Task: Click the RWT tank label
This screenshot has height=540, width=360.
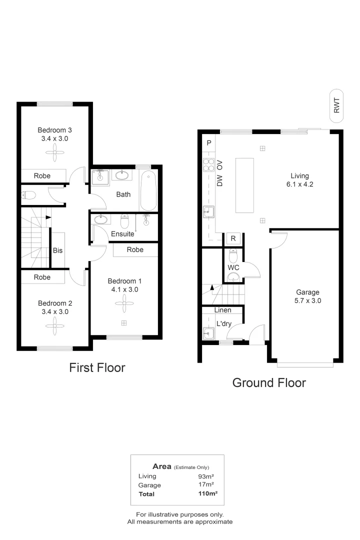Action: click(336, 105)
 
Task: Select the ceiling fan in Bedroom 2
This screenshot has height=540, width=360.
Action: click(52, 326)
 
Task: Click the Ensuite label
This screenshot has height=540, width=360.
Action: click(122, 233)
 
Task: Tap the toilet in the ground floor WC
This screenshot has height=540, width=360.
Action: click(233, 256)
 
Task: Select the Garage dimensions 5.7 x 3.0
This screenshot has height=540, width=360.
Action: click(307, 301)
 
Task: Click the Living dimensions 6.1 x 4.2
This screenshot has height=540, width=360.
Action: click(300, 184)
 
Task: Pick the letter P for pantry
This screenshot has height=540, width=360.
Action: click(209, 143)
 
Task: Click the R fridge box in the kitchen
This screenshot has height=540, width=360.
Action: click(233, 238)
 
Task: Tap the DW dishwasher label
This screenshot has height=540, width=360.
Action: click(219, 181)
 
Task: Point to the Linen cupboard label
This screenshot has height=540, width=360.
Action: click(222, 310)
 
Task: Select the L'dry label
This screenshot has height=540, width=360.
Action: click(223, 323)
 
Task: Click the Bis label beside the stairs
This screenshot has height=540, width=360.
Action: click(58, 250)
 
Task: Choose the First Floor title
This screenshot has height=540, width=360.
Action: click(96, 368)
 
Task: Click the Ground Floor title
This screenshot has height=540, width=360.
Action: click(269, 383)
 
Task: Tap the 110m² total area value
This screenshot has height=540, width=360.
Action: click(208, 493)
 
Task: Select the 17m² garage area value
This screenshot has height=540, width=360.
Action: click(206, 485)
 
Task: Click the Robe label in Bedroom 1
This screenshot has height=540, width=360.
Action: click(135, 249)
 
